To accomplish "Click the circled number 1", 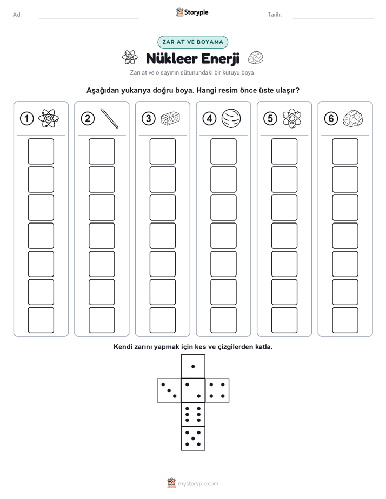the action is (26, 119).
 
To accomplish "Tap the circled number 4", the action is (209, 119).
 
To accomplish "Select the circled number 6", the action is (331, 119).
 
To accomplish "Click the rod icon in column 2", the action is (110, 118).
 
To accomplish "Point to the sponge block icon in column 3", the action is (170, 118).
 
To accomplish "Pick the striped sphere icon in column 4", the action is (231, 118).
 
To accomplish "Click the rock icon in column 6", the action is (353, 118).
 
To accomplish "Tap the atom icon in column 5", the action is (292, 118).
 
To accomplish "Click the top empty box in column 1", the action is (41, 151).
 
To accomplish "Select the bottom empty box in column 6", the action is (345, 320).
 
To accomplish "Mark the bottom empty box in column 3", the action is (162, 320).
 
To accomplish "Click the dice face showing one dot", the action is (193, 366).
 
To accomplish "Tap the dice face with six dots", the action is (193, 414).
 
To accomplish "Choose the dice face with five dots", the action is (193, 439).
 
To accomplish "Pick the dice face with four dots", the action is (217, 390).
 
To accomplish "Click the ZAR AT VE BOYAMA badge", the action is (192, 42).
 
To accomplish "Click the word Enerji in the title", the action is (220, 59).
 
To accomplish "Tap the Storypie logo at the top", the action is (192, 12).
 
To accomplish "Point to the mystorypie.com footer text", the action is (198, 484).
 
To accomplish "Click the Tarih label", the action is (275, 15).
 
